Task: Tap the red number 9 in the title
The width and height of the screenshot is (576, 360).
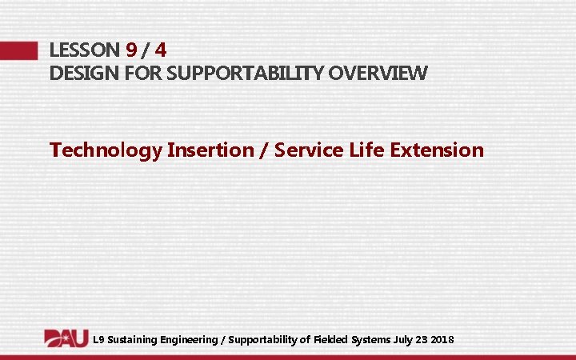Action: coord(132,50)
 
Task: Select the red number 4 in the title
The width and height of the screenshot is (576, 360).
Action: coord(161,50)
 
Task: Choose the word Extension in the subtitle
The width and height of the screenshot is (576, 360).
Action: coord(439,150)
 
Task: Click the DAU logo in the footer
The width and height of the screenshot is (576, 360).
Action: coord(66,338)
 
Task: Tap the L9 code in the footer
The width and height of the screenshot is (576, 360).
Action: coord(98,340)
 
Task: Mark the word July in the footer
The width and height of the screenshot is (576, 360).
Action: coord(404,340)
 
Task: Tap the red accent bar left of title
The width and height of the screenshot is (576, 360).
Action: coord(18,50)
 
